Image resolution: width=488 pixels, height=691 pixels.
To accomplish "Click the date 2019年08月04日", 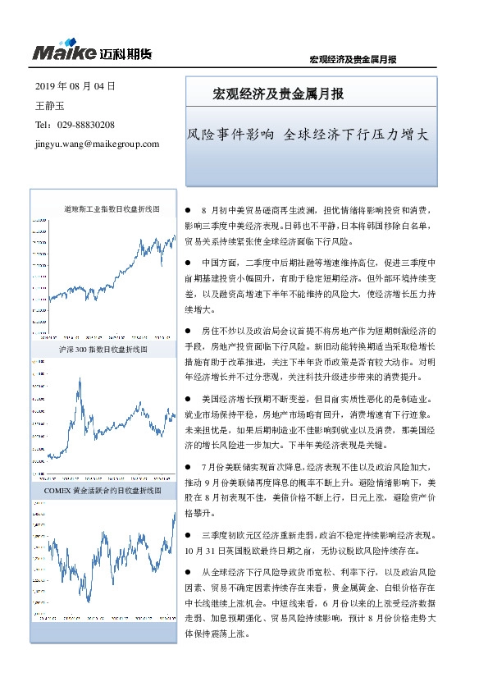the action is [75, 85].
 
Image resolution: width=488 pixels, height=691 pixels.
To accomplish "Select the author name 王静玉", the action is [49, 105].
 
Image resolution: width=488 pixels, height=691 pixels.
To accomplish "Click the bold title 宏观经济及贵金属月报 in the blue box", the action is [278, 94].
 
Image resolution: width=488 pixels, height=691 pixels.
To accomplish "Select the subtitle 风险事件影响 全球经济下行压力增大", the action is [308, 135].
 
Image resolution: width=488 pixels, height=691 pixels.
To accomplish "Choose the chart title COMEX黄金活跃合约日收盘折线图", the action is [105, 490].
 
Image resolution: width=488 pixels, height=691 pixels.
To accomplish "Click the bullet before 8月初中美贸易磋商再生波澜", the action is [189, 211].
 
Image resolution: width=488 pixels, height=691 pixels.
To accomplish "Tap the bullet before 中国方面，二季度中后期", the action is [189, 263].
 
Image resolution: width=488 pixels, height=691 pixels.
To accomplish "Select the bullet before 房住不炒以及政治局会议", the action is [189, 329].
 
